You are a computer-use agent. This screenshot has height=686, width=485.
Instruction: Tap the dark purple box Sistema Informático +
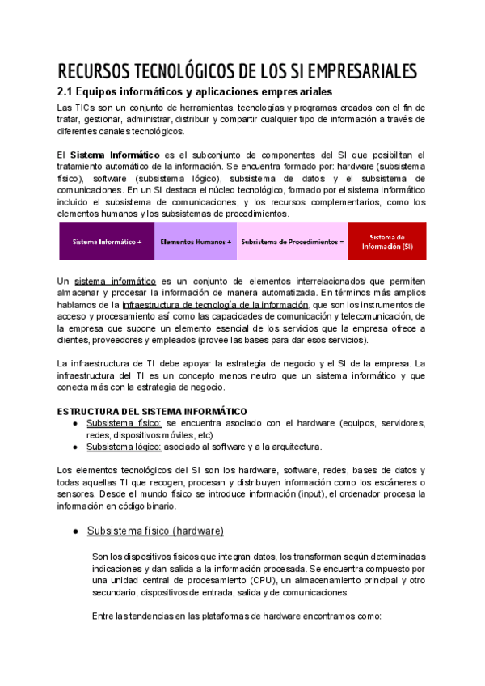tap(107, 242)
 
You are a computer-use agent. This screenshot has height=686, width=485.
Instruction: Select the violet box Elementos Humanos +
tap(196, 242)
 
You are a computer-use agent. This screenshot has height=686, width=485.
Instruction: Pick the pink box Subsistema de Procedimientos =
tap(293, 242)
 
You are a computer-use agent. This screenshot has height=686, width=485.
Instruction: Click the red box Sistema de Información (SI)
tap(386, 242)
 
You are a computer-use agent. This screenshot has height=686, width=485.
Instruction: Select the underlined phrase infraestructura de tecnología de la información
tap(216, 304)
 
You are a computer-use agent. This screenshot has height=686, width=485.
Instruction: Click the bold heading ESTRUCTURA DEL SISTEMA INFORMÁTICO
tap(152, 411)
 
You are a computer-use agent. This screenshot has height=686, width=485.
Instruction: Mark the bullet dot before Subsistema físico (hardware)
tap(75, 531)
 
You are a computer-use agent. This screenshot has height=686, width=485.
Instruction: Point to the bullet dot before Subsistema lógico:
tap(75, 447)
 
